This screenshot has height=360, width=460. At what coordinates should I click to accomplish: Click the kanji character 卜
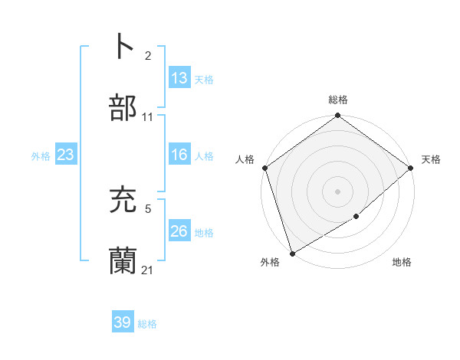click(123, 47)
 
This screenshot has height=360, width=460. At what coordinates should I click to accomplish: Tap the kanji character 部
click(123, 108)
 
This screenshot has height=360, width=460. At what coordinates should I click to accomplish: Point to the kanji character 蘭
click(123, 261)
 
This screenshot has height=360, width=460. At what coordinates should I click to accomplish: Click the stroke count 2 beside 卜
click(148, 56)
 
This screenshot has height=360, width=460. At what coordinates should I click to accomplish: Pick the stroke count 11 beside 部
click(148, 117)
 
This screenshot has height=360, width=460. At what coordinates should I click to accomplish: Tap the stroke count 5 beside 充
click(148, 208)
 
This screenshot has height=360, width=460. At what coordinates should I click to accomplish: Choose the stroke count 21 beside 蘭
click(148, 270)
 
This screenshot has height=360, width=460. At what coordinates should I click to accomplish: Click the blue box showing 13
click(179, 78)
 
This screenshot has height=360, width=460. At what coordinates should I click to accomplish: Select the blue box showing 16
click(179, 155)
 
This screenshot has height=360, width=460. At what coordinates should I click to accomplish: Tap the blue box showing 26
click(179, 231)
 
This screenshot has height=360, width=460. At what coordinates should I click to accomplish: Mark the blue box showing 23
click(65, 155)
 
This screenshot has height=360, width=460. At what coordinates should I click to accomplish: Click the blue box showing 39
click(123, 322)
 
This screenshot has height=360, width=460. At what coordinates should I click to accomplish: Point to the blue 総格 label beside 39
click(147, 324)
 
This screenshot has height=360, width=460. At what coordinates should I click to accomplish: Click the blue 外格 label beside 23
click(41, 156)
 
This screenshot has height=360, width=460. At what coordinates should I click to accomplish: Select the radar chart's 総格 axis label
click(338, 100)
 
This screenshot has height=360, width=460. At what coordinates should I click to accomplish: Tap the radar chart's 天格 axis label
click(432, 159)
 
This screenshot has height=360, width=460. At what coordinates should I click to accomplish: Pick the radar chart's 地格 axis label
click(402, 262)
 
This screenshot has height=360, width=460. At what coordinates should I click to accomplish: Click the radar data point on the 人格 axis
click(264, 168)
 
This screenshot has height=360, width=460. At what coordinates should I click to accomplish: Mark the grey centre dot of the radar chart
click(338, 191)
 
